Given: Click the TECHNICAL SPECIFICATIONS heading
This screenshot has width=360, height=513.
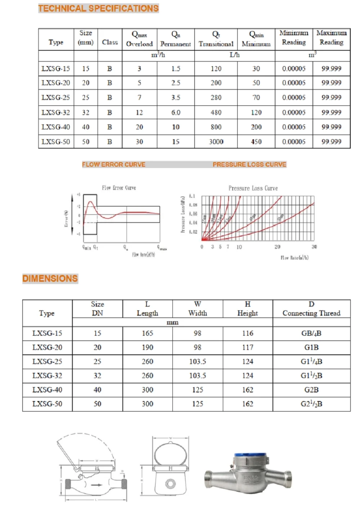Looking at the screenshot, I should tap(98, 8).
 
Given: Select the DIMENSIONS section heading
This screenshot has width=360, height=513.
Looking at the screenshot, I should tap(50, 278).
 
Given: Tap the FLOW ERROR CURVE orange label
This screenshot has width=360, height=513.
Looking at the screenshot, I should tap(113, 164).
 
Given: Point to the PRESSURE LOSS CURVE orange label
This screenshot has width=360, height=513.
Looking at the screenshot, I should tap(249, 164).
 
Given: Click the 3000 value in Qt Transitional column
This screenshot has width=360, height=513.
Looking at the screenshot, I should tap(216, 142).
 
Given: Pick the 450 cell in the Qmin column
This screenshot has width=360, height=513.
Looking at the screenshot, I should tap(256, 142).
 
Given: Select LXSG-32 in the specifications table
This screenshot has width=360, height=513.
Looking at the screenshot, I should tap(55, 113).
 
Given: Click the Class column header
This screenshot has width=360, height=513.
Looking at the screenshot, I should tap(109, 42).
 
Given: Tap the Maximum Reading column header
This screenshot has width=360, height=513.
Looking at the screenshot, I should tap(331, 37).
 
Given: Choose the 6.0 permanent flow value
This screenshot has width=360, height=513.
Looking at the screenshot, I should tap(176, 113).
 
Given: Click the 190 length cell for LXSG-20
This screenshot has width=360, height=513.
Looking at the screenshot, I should tap(147, 348).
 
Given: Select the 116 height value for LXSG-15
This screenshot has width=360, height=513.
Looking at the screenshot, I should tap(247, 333).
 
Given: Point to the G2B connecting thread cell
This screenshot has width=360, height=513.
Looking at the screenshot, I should tap(311, 390).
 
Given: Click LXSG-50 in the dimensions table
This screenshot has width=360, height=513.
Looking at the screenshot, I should tap(47, 404).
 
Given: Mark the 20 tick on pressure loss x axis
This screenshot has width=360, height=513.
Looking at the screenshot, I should tap(277, 247).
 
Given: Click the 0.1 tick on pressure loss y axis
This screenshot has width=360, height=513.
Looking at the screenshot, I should tap(192, 196).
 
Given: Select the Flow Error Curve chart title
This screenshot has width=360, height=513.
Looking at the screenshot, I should tap(119, 188).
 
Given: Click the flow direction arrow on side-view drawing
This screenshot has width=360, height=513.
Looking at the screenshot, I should tap(96, 485).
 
